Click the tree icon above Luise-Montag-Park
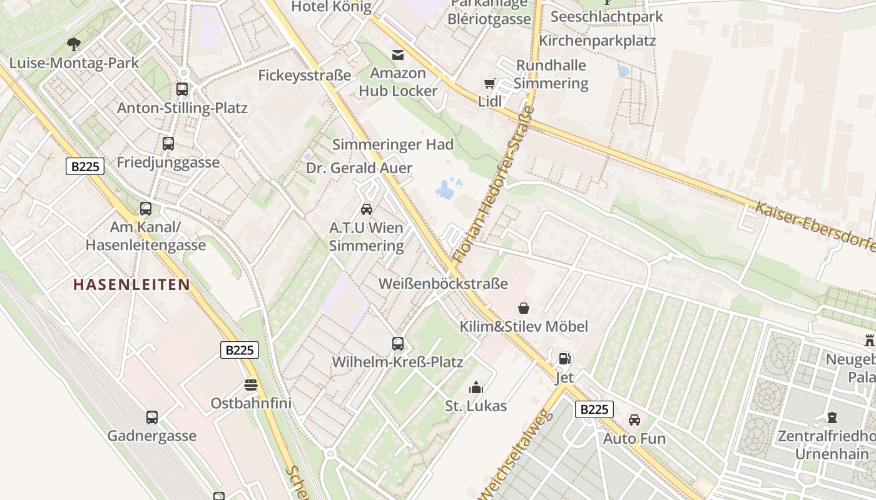(x=74, y=44)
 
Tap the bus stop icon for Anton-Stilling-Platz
(x=182, y=89)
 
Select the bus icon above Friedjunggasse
(x=168, y=144)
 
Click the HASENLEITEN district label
(x=131, y=285)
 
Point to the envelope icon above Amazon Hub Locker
(x=398, y=54)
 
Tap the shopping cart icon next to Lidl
(x=490, y=83)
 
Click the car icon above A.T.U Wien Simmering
(x=367, y=209)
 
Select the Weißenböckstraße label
(x=443, y=284)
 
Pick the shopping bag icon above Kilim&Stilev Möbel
(x=523, y=308)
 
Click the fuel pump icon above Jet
(x=564, y=359)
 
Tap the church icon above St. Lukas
(x=476, y=387)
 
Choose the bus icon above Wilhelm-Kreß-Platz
(x=398, y=343)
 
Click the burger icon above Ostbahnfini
(x=251, y=384)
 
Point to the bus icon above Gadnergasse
(x=152, y=417)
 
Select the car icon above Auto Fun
(x=634, y=420)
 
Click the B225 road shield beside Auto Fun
(x=594, y=409)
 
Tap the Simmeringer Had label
(x=393, y=144)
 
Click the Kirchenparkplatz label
(x=597, y=41)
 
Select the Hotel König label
(x=332, y=7)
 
